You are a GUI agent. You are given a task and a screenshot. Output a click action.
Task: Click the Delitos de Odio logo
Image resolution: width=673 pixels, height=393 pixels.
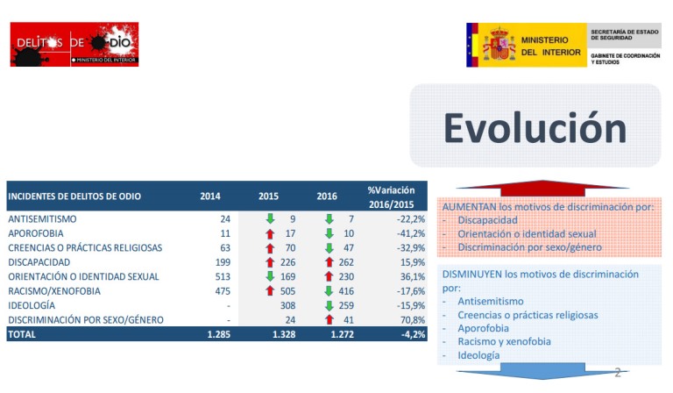coord(74,44)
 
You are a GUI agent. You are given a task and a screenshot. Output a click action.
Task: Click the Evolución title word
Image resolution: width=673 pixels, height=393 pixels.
coord(535,127)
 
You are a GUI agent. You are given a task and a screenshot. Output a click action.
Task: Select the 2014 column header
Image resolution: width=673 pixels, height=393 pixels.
coord(210,196)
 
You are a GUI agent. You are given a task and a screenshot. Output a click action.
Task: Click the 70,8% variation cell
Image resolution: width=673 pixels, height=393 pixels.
coord(411,319)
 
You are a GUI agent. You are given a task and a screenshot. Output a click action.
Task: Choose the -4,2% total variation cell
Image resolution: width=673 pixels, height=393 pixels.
coord(413,334)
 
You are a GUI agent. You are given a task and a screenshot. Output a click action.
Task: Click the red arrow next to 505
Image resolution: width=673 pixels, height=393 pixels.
coord(272,290)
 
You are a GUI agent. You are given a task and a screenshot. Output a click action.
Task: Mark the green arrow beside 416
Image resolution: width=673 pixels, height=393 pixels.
coord(329,290)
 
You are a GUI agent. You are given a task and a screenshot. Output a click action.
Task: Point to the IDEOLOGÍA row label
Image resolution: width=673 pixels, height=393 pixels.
coord(32,305)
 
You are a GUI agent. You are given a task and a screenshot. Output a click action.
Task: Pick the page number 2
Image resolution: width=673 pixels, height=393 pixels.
coord(617,372)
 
